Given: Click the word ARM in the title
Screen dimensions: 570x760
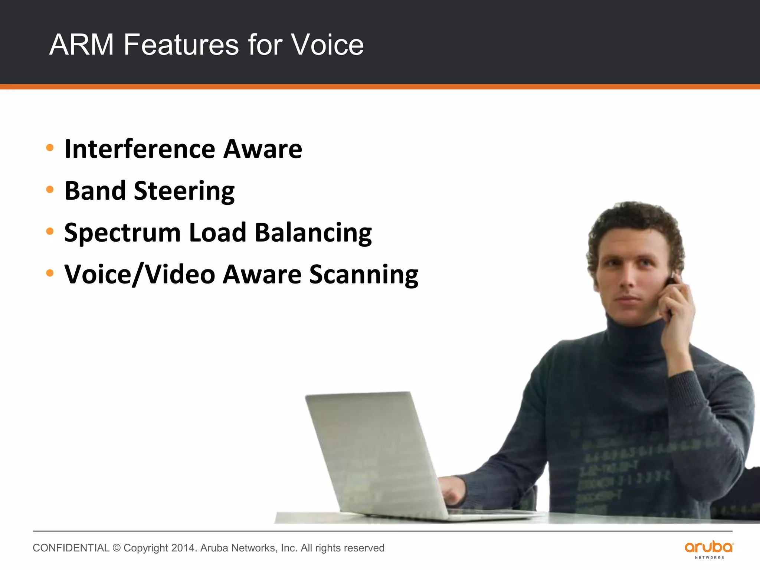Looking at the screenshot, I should [82, 45].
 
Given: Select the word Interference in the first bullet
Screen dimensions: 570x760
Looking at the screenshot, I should [140, 149].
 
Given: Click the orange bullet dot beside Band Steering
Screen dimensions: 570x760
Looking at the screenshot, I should [50, 190].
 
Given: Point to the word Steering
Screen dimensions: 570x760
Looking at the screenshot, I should [184, 191].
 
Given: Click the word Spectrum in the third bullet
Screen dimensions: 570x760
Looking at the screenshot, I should [122, 233].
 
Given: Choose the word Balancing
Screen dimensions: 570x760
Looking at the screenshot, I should [313, 233].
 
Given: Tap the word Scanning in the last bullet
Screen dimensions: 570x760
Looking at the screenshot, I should [364, 275].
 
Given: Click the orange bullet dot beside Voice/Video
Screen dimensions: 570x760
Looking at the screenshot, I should [50, 273].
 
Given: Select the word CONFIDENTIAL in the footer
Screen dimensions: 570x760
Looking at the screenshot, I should [71, 548].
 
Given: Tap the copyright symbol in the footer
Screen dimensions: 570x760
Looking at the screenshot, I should [117, 548].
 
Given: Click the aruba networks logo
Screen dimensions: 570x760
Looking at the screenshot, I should [709, 550].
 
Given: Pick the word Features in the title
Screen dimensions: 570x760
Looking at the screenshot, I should [181, 45].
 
